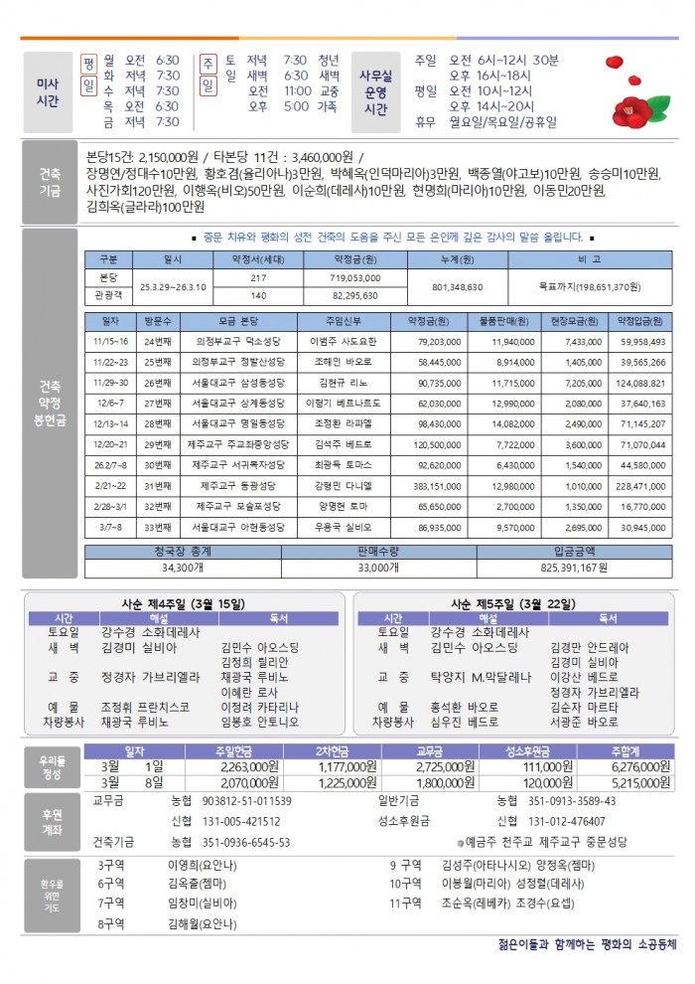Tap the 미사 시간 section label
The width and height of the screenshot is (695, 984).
46,92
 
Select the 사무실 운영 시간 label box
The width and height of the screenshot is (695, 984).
376,92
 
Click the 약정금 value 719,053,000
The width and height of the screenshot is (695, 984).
356,277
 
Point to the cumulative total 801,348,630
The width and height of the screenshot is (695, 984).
458,286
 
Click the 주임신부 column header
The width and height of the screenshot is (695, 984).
341,321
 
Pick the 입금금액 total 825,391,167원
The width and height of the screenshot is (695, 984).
574,567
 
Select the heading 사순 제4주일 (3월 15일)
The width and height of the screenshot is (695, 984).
184,603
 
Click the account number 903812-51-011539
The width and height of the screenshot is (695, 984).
246,800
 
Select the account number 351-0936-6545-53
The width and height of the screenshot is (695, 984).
246,841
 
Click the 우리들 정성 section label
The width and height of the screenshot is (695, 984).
46,766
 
